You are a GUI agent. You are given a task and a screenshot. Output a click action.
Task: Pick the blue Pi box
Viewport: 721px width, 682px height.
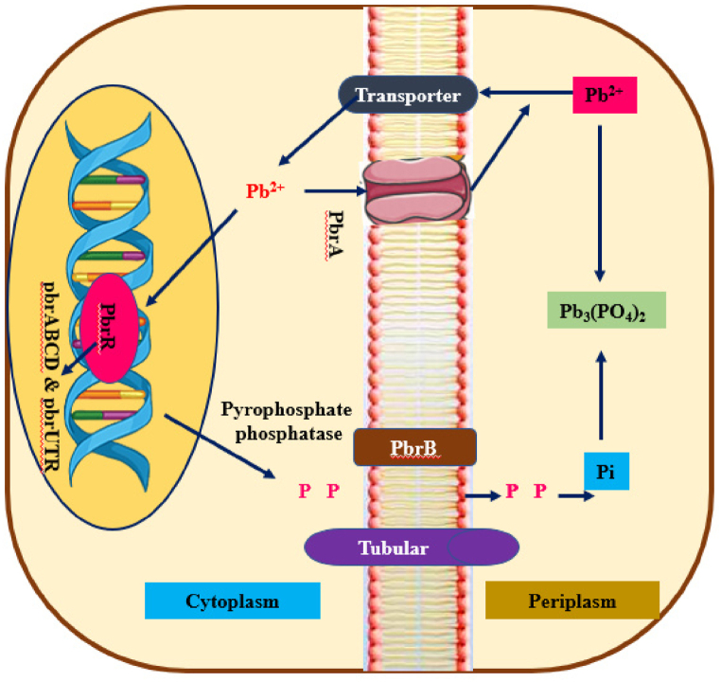[606, 472]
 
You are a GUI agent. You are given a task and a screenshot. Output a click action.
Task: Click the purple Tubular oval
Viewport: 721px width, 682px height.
[412, 547]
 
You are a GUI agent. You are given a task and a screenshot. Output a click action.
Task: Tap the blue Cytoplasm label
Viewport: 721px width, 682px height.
[232, 601]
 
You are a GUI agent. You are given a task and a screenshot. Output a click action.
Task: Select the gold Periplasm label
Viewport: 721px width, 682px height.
[572, 601]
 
